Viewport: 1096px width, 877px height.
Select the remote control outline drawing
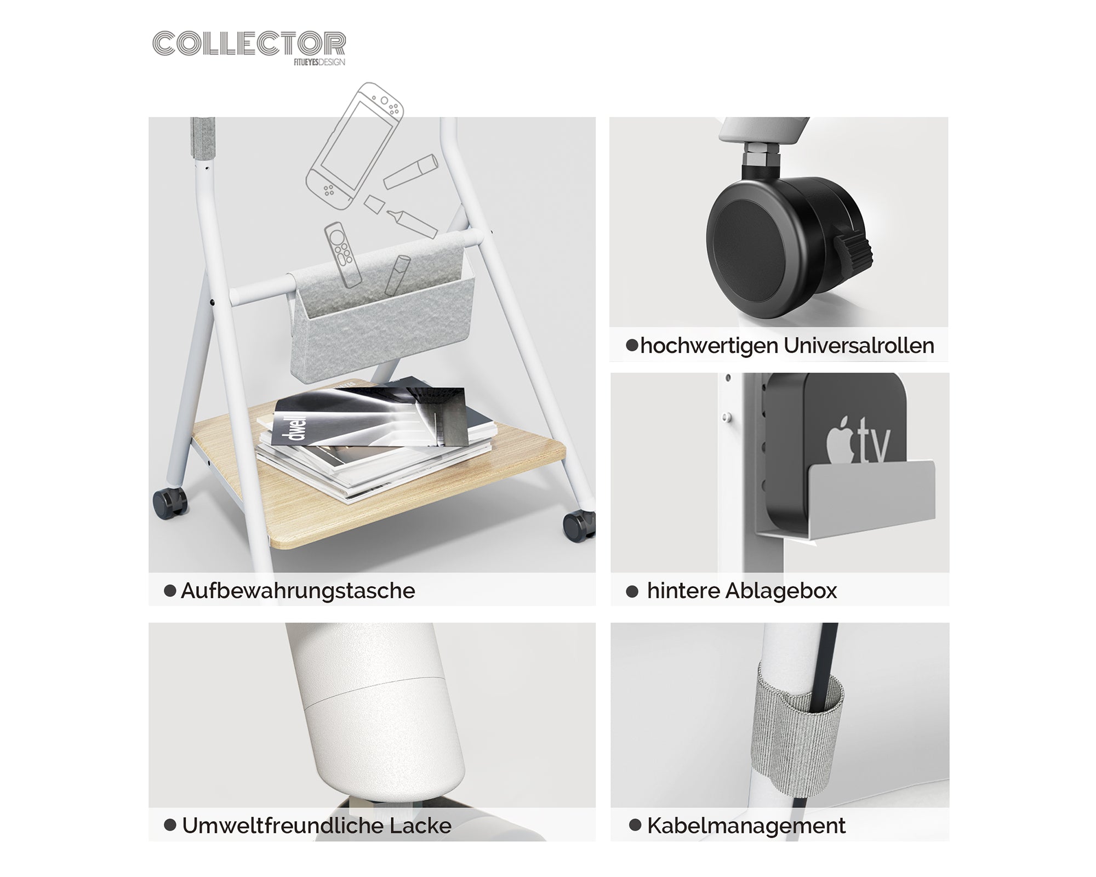coord(343,254)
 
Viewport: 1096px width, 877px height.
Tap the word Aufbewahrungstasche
coord(298,591)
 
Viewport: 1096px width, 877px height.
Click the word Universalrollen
coord(859,346)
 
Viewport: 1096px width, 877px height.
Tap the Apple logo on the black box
coord(840,441)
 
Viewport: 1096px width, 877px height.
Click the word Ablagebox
coord(781,591)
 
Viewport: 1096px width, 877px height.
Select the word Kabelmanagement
coord(746,825)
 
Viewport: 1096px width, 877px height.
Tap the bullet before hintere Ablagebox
coord(632,591)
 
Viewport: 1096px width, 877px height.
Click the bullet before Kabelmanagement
coord(635,825)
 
